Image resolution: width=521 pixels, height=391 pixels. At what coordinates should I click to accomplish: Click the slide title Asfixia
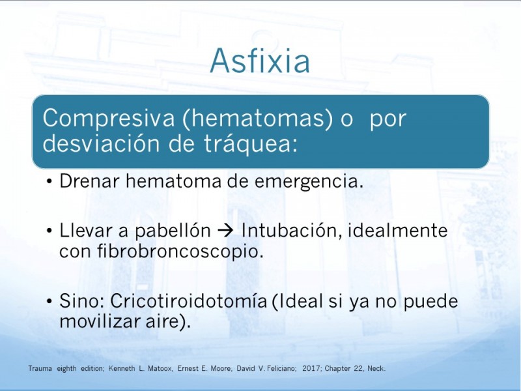260,61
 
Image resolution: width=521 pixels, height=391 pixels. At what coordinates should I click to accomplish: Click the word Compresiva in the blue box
109,119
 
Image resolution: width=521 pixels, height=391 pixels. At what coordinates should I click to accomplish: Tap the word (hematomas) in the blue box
257,119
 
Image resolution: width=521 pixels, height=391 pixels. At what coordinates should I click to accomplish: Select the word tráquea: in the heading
250,144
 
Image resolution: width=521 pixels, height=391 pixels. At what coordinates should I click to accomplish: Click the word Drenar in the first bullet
89,182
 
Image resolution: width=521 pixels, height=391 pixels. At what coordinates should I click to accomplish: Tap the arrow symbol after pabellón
226,231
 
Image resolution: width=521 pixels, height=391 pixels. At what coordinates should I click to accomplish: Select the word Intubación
291,231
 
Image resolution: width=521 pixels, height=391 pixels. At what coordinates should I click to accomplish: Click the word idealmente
397,231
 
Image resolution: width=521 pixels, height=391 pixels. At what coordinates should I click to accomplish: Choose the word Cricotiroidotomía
188,301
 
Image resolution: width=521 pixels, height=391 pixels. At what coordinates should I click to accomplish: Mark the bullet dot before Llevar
49,231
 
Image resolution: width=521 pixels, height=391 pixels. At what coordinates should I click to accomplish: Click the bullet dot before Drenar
49,182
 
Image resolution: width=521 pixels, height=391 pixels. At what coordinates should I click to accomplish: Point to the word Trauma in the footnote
40,368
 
